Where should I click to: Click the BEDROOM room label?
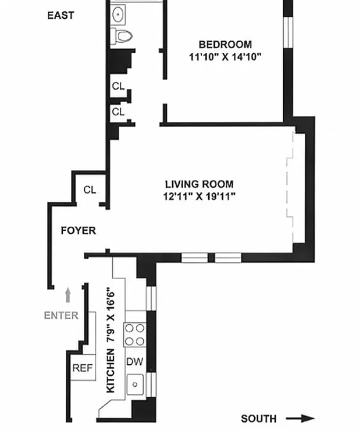225,45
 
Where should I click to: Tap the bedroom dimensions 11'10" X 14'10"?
225,57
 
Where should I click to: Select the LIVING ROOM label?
199,185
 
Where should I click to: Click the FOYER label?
78,231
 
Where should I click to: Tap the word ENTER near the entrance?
61,315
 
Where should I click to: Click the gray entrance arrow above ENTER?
68,295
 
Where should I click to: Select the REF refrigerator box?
82,368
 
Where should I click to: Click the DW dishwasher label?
135,362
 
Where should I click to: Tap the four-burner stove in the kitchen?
134,334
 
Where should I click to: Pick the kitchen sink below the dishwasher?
135,385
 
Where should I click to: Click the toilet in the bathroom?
123,35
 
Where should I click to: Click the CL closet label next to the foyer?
90,190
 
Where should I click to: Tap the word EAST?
60,15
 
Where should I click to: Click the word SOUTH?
258,418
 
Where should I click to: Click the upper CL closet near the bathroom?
118,86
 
